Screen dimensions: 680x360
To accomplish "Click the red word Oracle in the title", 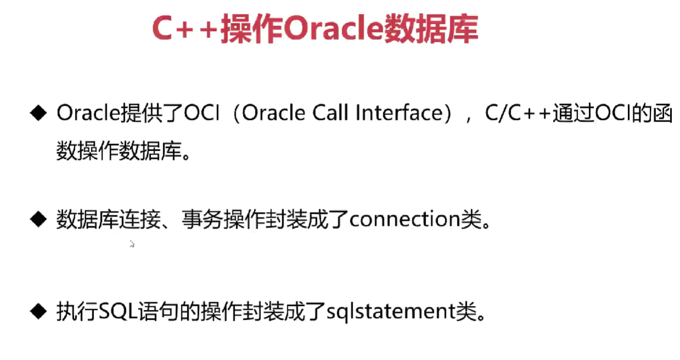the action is click(333, 28).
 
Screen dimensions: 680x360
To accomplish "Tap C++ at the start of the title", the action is click(186, 28).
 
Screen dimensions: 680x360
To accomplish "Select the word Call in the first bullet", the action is click(330, 113).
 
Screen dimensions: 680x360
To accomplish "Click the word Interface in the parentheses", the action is click(399, 113).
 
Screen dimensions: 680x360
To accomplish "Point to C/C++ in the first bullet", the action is click(518, 113).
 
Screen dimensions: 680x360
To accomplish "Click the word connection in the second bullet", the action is click(405, 219).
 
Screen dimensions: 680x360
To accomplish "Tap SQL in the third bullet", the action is click(119, 312).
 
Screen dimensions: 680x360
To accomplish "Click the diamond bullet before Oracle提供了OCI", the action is click(38, 113).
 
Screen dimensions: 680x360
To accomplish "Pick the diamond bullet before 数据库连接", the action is click(38, 219).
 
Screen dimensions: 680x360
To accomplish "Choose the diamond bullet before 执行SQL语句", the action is click(38, 312).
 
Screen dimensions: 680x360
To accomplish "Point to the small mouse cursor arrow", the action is click(132, 244).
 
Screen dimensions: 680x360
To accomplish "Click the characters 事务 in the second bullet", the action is click(203, 219).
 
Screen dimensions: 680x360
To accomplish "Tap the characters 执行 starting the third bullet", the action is click(77, 312).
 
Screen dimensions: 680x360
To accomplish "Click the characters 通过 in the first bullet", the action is click(573, 113).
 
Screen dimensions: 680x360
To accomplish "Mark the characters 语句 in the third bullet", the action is click(159, 312).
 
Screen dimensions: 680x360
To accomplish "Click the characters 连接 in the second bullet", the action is click(140, 219).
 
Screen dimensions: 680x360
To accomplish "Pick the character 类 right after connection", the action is click(471, 219).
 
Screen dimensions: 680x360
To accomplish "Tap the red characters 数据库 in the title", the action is click(431, 28).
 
